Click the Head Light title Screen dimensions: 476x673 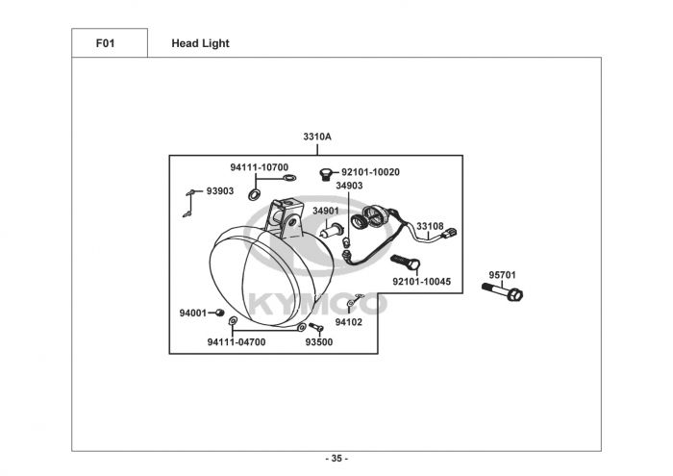tap(200, 43)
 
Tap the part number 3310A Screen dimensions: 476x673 tap(317, 137)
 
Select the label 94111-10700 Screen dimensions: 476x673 tap(259, 167)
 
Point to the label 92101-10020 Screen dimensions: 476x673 tap(370, 172)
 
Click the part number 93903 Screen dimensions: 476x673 tap(220, 190)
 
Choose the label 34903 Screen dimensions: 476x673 tap(349, 186)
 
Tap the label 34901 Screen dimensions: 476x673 tap(326, 211)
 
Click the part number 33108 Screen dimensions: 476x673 tap(430, 227)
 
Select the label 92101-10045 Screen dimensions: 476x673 tap(421, 282)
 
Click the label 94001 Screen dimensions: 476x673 tap(193, 313)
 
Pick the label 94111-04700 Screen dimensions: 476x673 tap(237, 341)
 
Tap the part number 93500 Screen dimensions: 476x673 tap(319, 341)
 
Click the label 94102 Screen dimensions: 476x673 tap(348, 322)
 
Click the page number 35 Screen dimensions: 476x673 tap(336, 458)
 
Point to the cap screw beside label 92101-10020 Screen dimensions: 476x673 tap(325, 174)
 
